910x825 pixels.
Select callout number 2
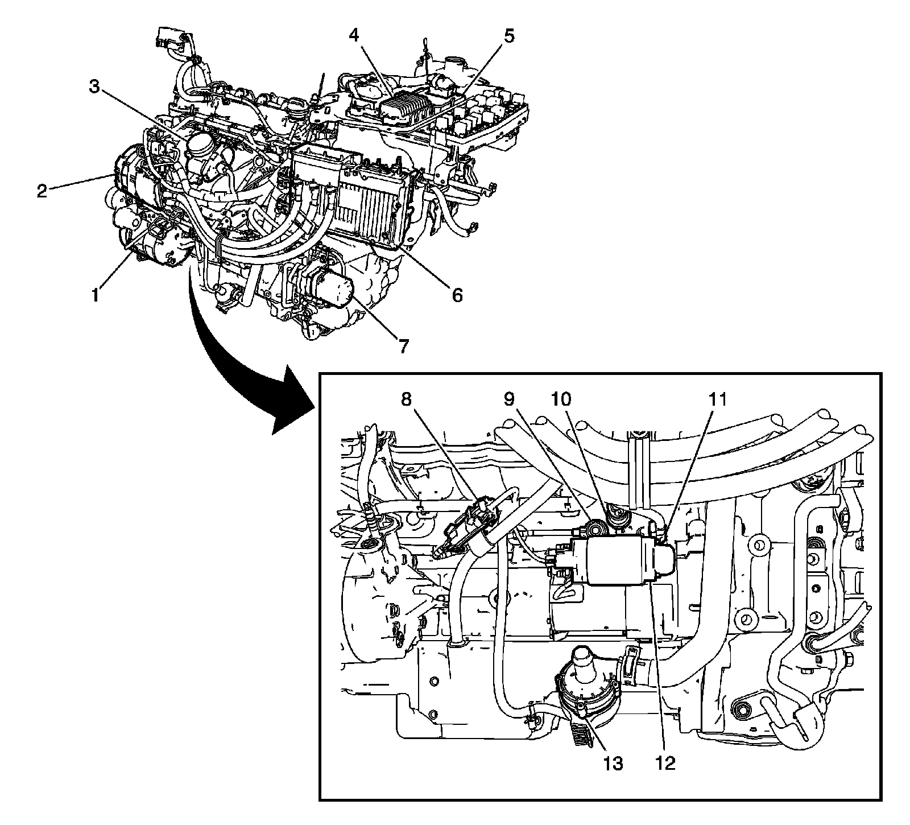point(42,191)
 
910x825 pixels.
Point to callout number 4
point(354,35)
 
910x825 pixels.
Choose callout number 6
point(457,294)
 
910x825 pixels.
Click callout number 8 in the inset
point(406,399)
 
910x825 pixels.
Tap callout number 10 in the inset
point(561,399)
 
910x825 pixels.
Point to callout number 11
point(717,399)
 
